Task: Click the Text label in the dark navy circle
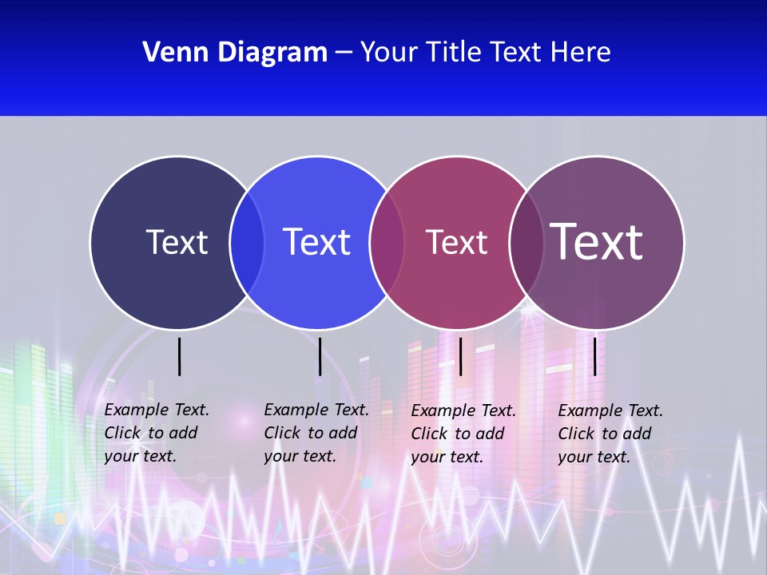pos(177,242)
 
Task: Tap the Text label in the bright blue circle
pos(316,242)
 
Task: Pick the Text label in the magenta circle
pos(456,243)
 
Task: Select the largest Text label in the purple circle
pos(597,242)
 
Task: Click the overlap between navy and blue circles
pos(247,243)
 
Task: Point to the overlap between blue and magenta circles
pos(387,243)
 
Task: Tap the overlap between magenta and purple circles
pos(527,243)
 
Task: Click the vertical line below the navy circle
pos(180,356)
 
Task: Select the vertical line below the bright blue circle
pos(320,356)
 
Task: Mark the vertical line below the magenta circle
pos(460,356)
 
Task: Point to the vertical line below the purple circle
pos(594,356)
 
